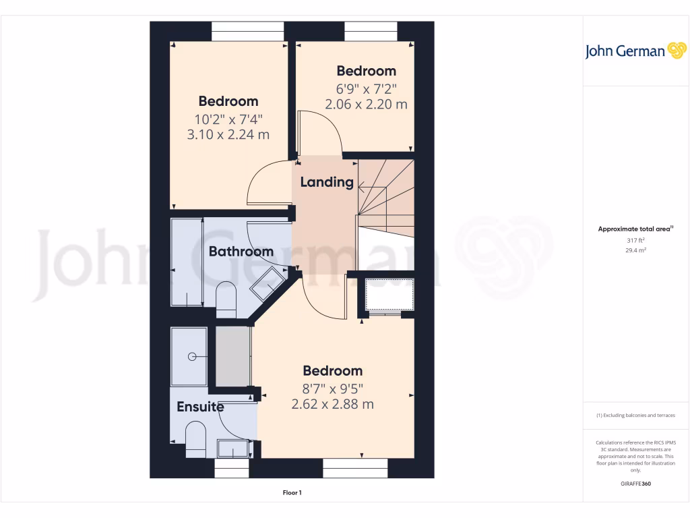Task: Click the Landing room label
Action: click(x=327, y=182)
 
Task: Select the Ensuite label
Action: click(x=200, y=407)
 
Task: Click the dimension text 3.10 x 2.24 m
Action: click(x=228, y=134)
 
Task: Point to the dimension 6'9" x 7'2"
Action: click(x=366, y=88)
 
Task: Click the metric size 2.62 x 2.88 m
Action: click(x=332, y=404)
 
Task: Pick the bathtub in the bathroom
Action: click(x=187, y=262)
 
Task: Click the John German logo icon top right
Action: click(x=676, y=51)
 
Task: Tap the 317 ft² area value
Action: click(x=635, y=240)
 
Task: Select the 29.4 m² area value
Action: click(x=635, y=250)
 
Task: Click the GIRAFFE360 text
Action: click(x=636, y=484)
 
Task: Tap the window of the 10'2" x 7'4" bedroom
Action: click(x=248, y=32)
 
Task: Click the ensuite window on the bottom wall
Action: click(x=232, y=468)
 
